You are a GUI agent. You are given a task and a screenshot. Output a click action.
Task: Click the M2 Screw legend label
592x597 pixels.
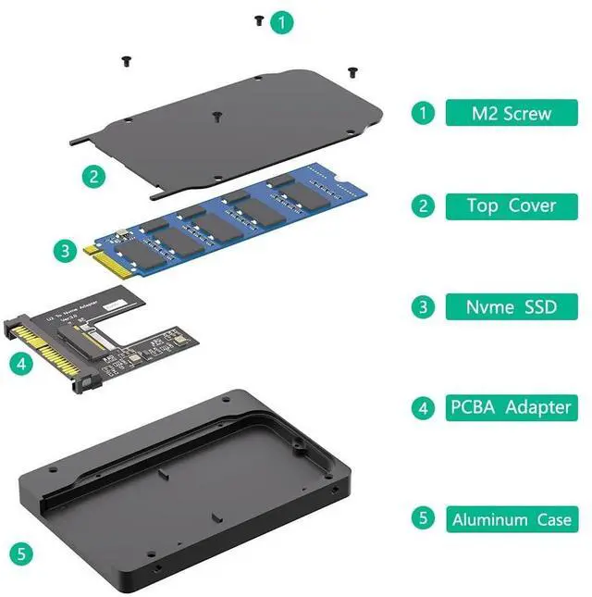(512, 114)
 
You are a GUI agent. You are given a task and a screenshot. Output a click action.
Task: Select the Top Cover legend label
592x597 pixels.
(512, 205)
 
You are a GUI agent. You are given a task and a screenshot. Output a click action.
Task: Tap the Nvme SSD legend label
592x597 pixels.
(512, 306)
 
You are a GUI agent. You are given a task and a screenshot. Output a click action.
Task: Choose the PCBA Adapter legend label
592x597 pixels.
(512, 407)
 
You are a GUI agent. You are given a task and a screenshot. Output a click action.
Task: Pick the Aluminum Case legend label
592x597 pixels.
(512, 518)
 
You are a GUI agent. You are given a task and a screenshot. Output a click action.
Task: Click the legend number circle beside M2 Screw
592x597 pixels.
(423, 114)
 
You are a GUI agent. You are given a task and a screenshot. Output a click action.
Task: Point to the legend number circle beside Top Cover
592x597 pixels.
(423, 205)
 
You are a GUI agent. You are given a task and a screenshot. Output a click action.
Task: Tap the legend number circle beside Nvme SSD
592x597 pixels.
(423, 306)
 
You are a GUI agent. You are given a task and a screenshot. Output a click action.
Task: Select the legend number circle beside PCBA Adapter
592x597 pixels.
(423, 407)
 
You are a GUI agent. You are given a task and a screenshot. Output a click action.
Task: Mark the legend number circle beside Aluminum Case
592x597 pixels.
(423, 518)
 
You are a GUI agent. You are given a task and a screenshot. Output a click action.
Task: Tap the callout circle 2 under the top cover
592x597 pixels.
(92, 176)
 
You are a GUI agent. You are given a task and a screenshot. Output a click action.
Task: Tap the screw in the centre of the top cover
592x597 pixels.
(216, 117)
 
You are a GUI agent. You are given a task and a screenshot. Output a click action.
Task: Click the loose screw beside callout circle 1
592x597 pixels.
(259, 19)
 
